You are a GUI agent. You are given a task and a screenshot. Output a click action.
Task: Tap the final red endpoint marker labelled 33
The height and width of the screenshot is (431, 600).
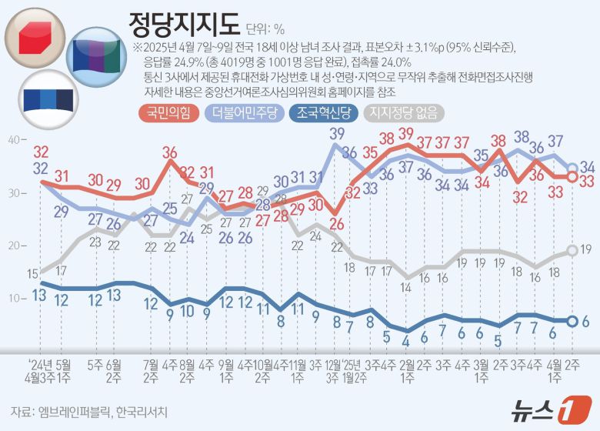point(572,177)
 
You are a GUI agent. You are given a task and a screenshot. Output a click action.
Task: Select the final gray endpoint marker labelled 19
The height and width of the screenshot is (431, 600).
point(572,250)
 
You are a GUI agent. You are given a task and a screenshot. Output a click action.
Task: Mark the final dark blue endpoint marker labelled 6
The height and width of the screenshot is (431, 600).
point(572,321)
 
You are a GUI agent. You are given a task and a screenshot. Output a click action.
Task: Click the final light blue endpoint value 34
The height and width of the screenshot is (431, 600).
point(587,166)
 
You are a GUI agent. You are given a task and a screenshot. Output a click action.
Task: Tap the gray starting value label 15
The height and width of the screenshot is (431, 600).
point(33,273)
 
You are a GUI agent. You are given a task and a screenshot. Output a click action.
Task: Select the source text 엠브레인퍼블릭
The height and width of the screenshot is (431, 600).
point(73,410)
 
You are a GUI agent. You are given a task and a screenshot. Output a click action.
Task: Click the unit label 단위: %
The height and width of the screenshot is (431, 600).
point(266,29)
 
